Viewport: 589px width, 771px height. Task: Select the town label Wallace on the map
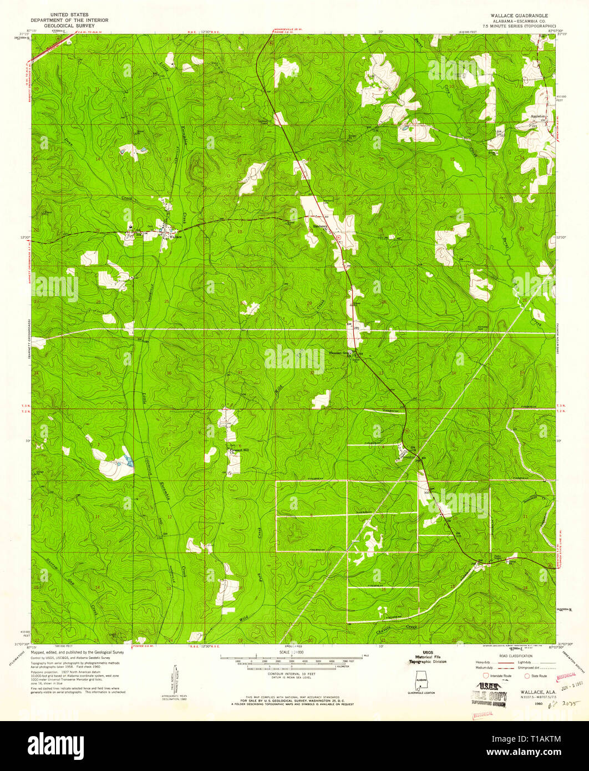coord(176,237)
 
